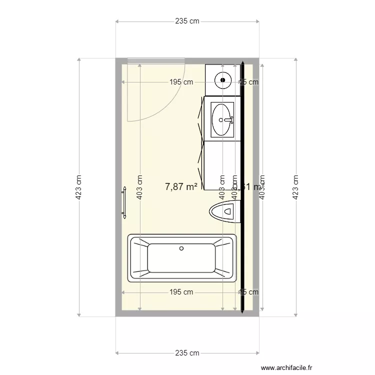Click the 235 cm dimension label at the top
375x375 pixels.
[x=187, y=21]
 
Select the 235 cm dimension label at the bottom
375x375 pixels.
[x=187, y=353]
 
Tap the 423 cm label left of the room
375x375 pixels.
[x=78, y=187]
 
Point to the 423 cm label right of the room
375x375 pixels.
[x=296, y=187]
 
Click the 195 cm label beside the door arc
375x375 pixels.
[x=181, y=82]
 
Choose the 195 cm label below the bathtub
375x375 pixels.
[x=181, y=292]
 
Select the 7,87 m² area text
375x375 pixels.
[x=181, y=187]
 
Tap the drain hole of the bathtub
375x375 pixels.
[x=181, y=248]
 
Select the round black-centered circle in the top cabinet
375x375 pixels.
[x=223, y=79]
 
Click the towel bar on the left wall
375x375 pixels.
[x=123, y=203]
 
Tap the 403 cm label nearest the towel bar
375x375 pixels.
[x=140, y=187]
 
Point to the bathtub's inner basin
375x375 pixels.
[x=181, y=258]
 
